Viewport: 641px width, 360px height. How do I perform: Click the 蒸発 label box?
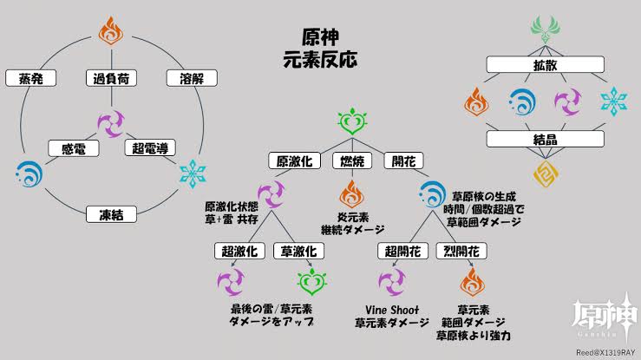click(30, 79)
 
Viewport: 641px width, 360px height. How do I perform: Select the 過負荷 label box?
click(111, 79)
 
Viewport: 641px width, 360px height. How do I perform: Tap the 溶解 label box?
click(191, 79)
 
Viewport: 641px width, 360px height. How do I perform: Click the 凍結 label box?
click(111, 213)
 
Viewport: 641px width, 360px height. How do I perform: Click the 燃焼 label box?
click(351, 160)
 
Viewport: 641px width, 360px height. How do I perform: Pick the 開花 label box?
click(404, 160)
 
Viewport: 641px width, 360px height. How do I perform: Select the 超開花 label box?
click(404, 252)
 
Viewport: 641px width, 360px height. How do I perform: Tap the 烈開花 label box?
click(461, 252)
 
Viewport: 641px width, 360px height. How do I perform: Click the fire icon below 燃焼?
click(351, 193)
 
